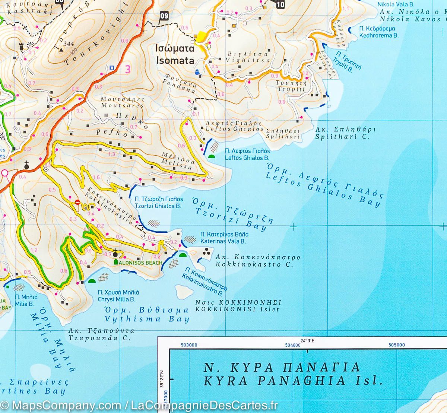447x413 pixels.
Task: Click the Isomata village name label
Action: [175, 55]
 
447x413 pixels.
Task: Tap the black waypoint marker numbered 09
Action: [164, 16]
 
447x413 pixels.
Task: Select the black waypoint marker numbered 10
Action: [280, 4]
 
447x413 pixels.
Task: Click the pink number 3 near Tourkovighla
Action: [128, 69]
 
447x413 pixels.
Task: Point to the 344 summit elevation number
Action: [69, 44]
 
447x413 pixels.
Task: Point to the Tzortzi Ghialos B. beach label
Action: [159, 202]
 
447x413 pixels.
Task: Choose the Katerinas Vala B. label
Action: [223, 238]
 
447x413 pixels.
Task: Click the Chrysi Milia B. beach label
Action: [117, 296]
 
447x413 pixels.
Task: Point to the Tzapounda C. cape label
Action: [101, 334]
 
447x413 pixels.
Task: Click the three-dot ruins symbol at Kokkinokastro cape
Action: [205, 254]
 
